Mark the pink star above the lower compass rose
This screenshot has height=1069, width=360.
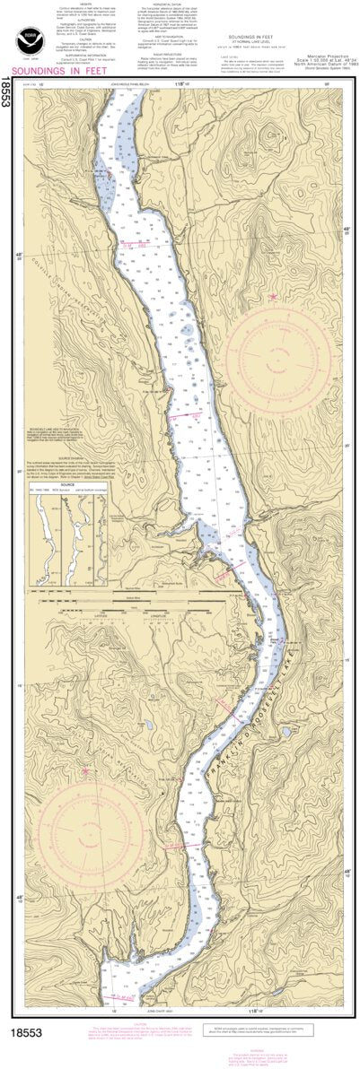coord(85,770)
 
